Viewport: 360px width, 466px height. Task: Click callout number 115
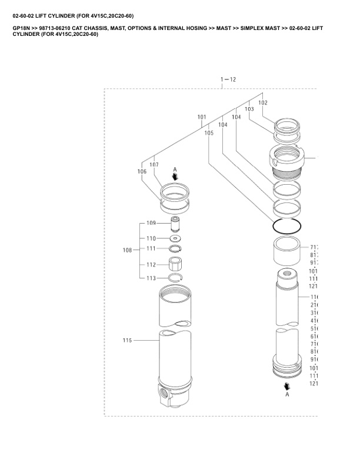pyautogui.click(x=128, y=340)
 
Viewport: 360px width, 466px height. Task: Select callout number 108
pyautogui.click(x=128, y=251)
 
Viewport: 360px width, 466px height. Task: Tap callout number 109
pyautogui.click(x=151, y=223)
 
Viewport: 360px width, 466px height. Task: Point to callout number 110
pyautogui.click(x=151, y=238)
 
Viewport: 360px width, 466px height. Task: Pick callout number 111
pyautogui.click(x=151, y=249)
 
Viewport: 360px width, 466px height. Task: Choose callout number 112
pyautogui.click(x=151, y=265)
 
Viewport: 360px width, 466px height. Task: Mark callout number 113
pyautogui.click(x=151, y=278)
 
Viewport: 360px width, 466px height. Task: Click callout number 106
pyautogui.click(x=142, y=171)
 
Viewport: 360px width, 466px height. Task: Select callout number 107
pyautogui.click(x=154, y=165)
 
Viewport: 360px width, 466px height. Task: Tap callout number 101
pyautogui.click(x=202, y=125)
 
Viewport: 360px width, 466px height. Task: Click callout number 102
pyautogui.click(x=262, y=103)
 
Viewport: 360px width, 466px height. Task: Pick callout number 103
pyautogui.click(x=249, y=109)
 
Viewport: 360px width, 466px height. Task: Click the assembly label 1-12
pyautogui.click(x=228, y=79)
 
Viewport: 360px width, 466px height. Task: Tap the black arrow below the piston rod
pyautogui.click(x=287, y=386)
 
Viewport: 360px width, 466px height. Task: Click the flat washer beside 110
pyautogui.click(x=175, y=238)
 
